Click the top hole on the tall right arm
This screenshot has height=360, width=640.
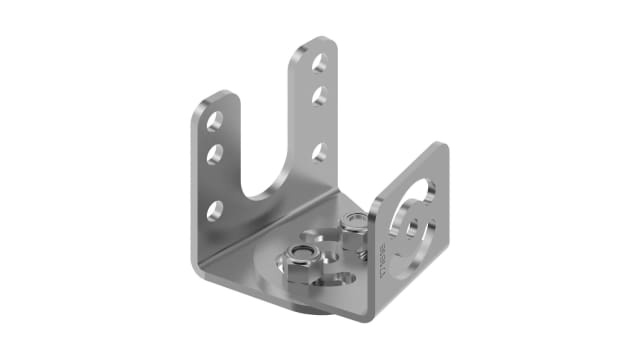(x=319, y=63)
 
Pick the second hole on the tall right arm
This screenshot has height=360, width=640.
(x=319, y=96)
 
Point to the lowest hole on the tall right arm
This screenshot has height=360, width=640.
(x=319, y=152)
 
